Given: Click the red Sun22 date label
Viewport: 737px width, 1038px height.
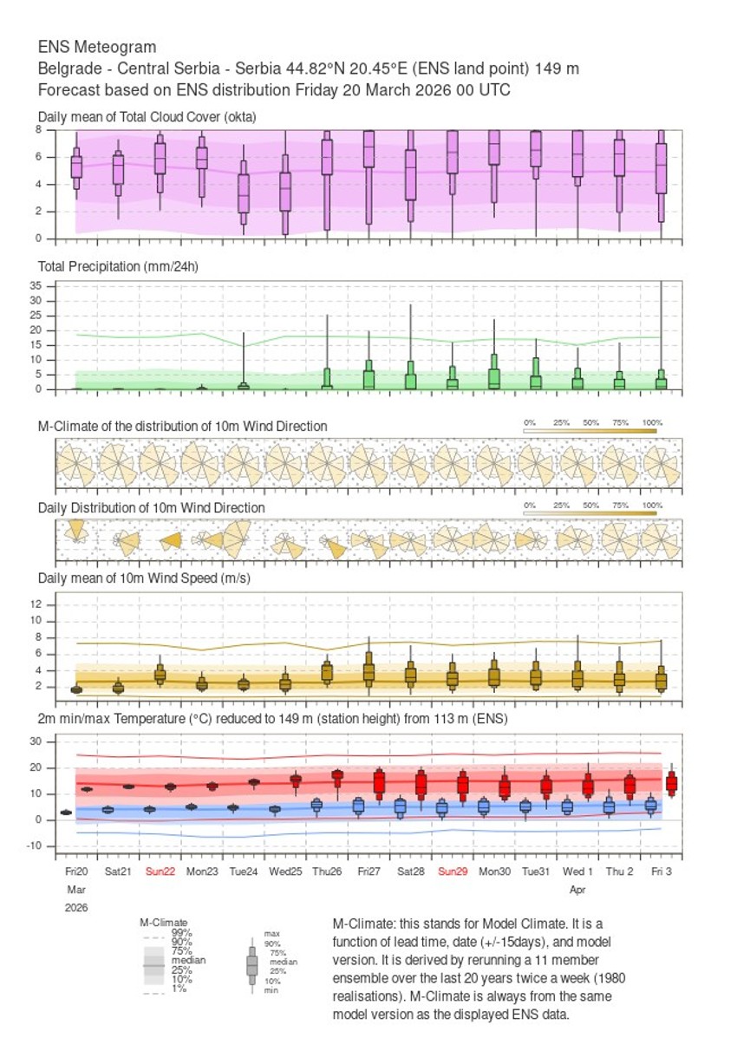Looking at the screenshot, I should coord(160,871).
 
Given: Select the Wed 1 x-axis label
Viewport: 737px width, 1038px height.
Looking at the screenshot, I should coord(577,871).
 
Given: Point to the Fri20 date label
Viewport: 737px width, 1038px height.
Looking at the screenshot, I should coord(76,871).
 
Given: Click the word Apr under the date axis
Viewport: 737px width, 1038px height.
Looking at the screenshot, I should coord(577,889).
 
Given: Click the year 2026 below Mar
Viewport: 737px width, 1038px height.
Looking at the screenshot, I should coord(76,907).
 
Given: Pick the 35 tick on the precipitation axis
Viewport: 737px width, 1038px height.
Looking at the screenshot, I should coord(36,285).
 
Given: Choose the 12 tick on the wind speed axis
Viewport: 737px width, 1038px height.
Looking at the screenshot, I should coord(36,604).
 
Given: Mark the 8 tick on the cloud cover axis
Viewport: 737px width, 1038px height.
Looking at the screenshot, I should coord(38,129).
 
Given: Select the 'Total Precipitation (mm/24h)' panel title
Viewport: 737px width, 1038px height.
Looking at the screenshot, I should coord(119,267).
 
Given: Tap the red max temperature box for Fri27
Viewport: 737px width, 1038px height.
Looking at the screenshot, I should coord(379,783).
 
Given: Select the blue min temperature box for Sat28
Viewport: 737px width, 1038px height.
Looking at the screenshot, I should coord(400,807).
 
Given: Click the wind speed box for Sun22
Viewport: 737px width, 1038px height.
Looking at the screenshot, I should coord(160,675).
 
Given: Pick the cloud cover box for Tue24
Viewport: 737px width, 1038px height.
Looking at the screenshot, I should coord(244,193).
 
